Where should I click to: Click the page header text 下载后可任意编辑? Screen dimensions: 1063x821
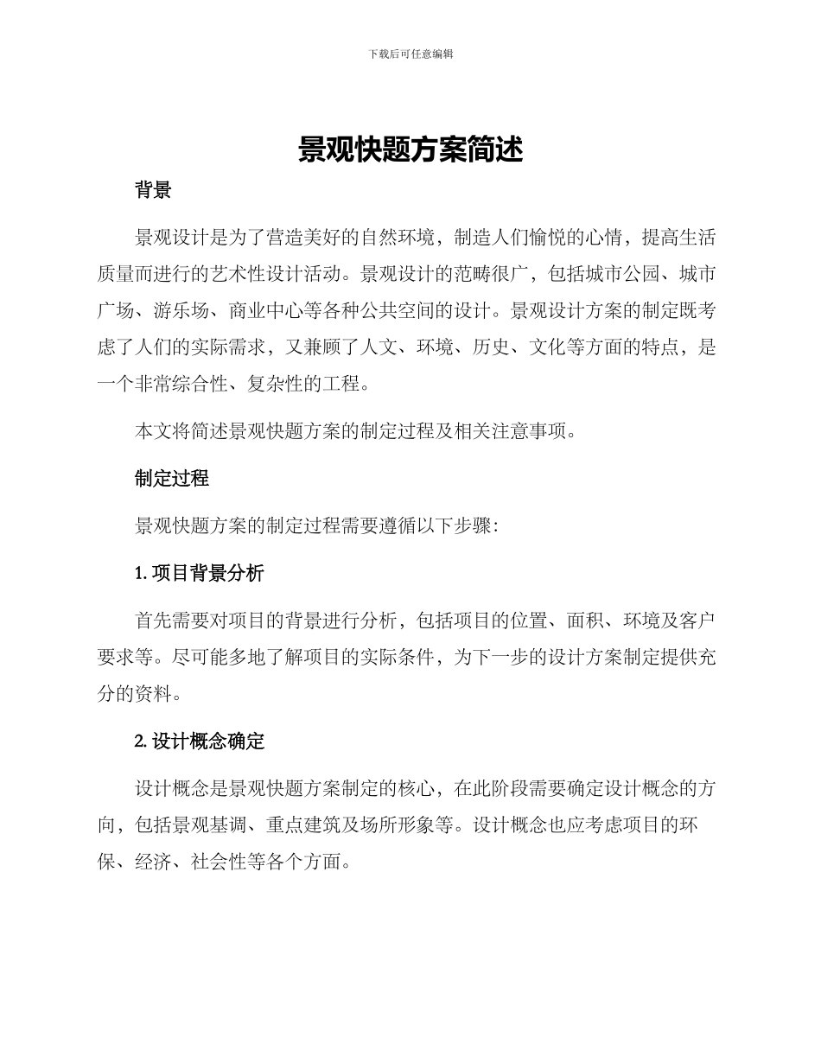click(x=410, y=54)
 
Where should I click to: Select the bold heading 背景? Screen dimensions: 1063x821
click(x=153, y=191)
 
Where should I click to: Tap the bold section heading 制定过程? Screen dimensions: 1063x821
click(x=172, y=478)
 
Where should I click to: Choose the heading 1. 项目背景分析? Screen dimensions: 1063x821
click(x=200, y=573)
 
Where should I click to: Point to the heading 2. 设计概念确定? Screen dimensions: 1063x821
click(x=200, y=741)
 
